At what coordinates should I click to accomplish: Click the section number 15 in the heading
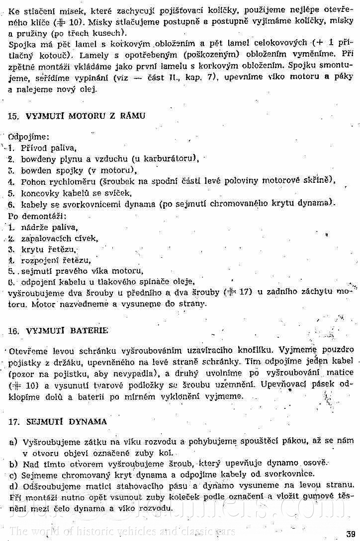tap(13, 116)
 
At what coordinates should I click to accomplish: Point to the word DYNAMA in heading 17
tap(89, 422)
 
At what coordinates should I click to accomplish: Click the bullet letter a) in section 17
tap(13, 442)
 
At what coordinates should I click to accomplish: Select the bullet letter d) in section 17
tap(13, 485)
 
